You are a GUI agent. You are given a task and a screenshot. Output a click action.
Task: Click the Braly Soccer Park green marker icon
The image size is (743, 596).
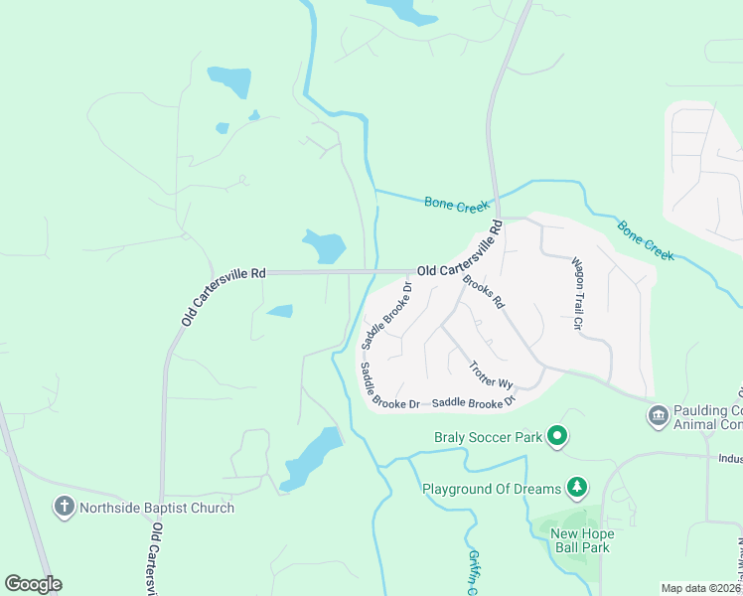(x=558, y=435)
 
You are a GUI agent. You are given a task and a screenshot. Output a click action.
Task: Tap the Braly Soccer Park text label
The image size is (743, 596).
(x=488, y=436)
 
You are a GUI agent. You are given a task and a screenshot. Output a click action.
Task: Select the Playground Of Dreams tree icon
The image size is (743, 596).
(x=575, y=487)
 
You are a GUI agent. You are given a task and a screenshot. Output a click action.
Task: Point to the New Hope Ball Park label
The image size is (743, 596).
(x=582, y=540)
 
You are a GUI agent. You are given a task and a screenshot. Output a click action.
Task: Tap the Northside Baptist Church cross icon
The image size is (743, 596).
(x=65, y=507)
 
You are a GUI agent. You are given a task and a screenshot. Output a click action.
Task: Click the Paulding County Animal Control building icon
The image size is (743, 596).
(x=657, y=414)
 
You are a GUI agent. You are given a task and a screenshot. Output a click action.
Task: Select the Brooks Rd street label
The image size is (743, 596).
(x=485, y=291)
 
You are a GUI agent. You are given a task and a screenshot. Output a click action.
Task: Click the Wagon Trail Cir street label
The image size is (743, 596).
(x=577, y=293)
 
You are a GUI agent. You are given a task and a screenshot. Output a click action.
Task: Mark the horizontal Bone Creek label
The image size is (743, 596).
(x=457, y=204)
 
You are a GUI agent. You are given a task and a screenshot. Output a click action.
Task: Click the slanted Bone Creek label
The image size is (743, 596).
(x=646, y=241)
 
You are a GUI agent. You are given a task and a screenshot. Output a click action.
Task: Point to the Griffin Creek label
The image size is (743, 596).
(x=474, y=571)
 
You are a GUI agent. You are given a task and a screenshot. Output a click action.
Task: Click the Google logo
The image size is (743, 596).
(x=33, y=584)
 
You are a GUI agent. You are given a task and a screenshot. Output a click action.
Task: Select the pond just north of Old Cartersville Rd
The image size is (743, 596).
(x=324, y=244)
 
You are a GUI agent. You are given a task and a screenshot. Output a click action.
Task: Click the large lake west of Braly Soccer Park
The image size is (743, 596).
(x=311, y=457)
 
